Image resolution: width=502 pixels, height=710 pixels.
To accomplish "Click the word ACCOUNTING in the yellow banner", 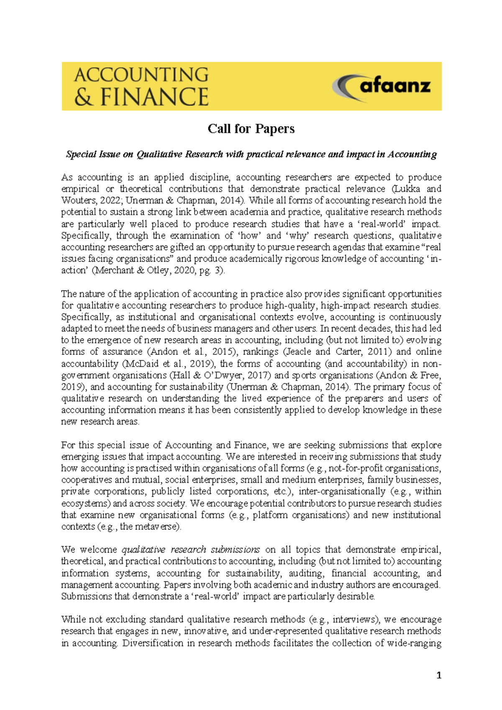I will click(141, 75).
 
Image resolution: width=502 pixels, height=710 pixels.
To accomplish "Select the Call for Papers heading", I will click(251, 129).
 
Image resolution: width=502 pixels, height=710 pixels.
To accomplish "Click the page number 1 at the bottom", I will click(438, 675).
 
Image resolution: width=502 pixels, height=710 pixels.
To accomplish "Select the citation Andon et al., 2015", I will click(190, 352).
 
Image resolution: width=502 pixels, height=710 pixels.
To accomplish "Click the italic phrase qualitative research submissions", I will click(191, 550).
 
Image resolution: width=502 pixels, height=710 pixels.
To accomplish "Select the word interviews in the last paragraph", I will click(352, 620).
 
